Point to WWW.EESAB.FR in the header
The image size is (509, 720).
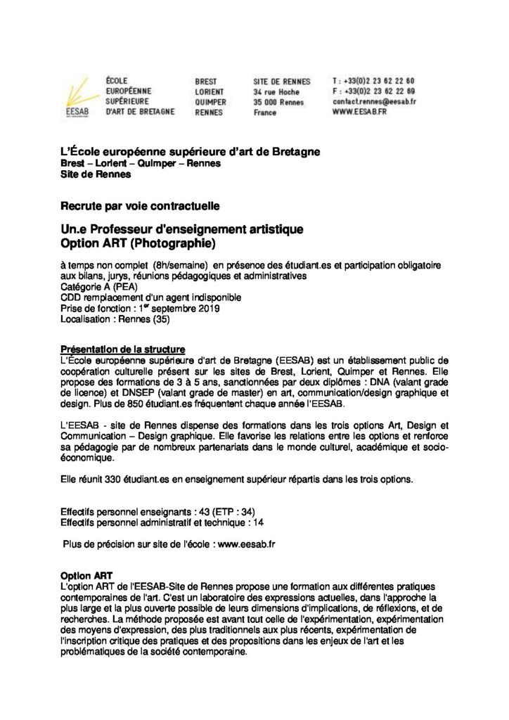361,112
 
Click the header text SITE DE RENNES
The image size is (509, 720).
282,81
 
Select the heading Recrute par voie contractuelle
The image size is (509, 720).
140,207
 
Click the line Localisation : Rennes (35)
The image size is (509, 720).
115,319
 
